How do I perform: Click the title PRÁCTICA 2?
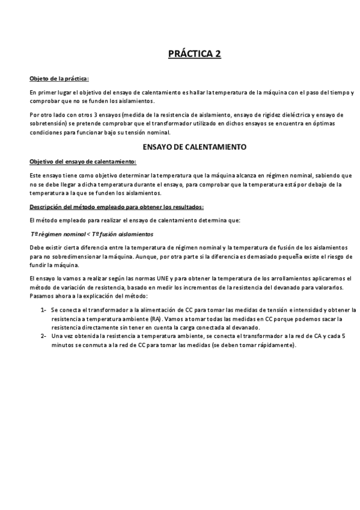coord(195,55)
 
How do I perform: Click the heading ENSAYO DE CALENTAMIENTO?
coord(194,147)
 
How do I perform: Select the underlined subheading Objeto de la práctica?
coord(59,78)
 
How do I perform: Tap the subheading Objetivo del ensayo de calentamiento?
coord(82,161)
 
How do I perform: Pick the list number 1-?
coord(44,310)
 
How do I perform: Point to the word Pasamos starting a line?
coord(41,296)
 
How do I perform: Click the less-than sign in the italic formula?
coord(88,233)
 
